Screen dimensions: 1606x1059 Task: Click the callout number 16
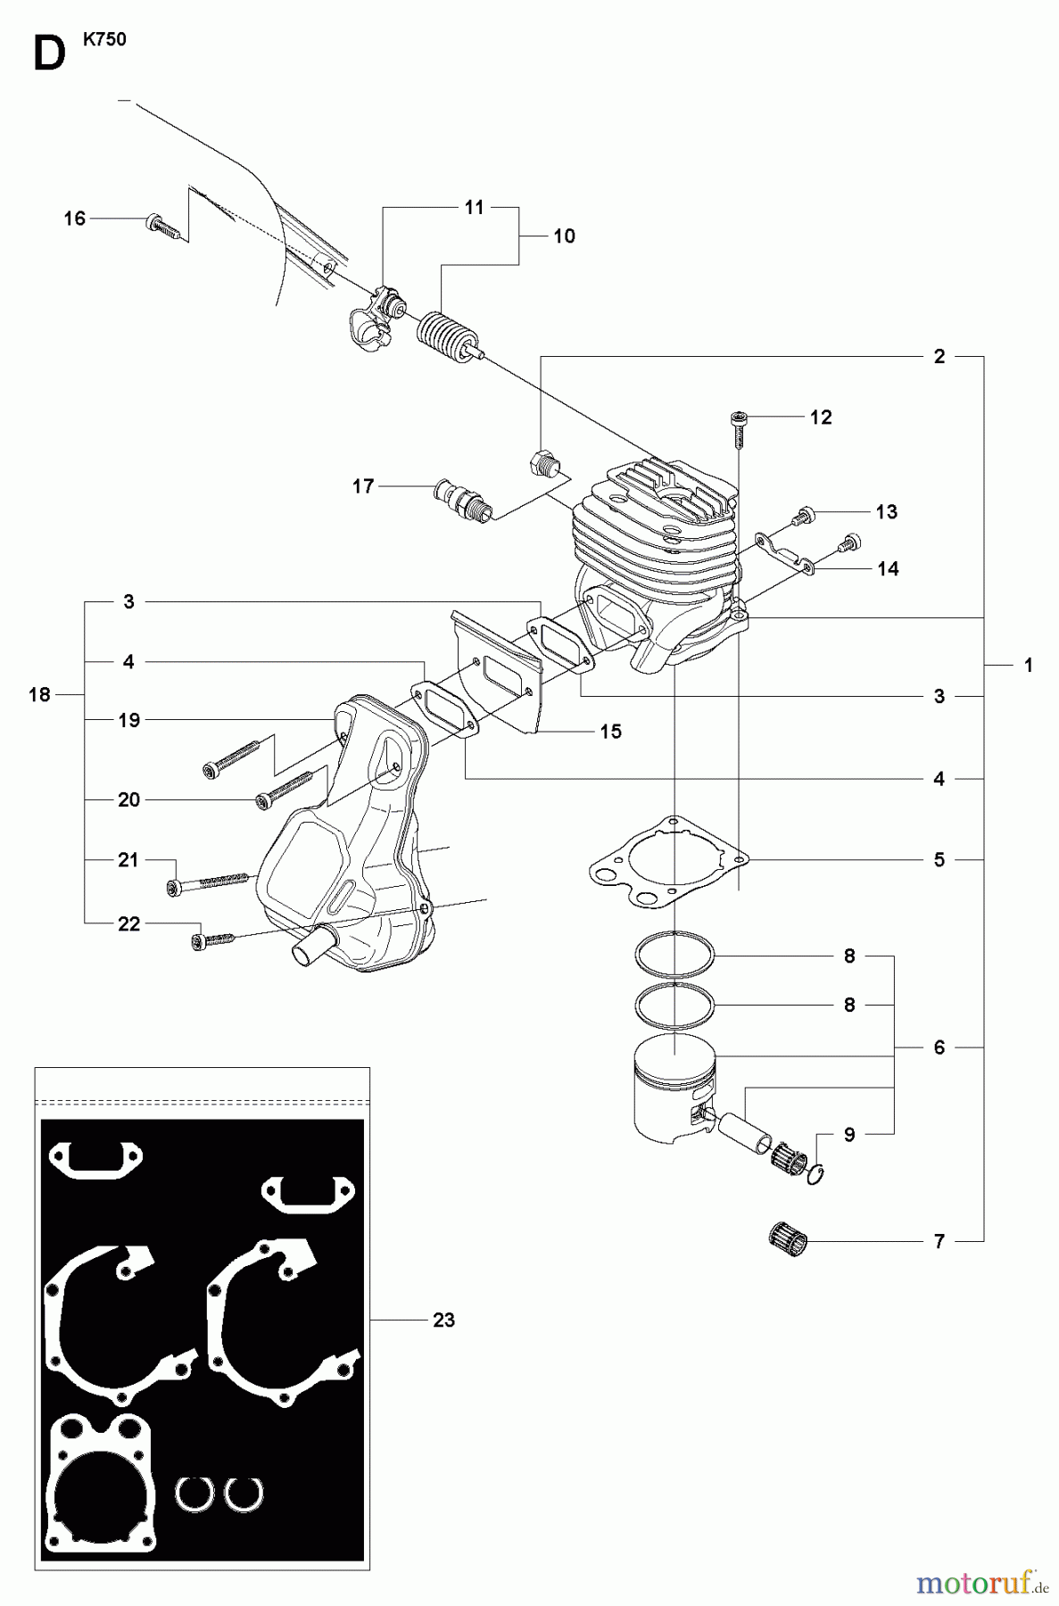coord(75,219)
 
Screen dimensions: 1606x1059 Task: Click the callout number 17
coord(363,486)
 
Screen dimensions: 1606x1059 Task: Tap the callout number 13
coord(886,512)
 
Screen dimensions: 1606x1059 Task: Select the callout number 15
coord(610,732)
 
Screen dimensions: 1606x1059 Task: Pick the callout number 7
coord(939,1241)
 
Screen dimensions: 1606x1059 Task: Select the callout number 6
coord(939,1047)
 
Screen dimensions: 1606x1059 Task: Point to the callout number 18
coord(39,694)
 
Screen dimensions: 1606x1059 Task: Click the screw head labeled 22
coord(198,940)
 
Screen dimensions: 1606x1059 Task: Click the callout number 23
coord(443,1320)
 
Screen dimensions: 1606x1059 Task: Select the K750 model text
coord(106,40)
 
